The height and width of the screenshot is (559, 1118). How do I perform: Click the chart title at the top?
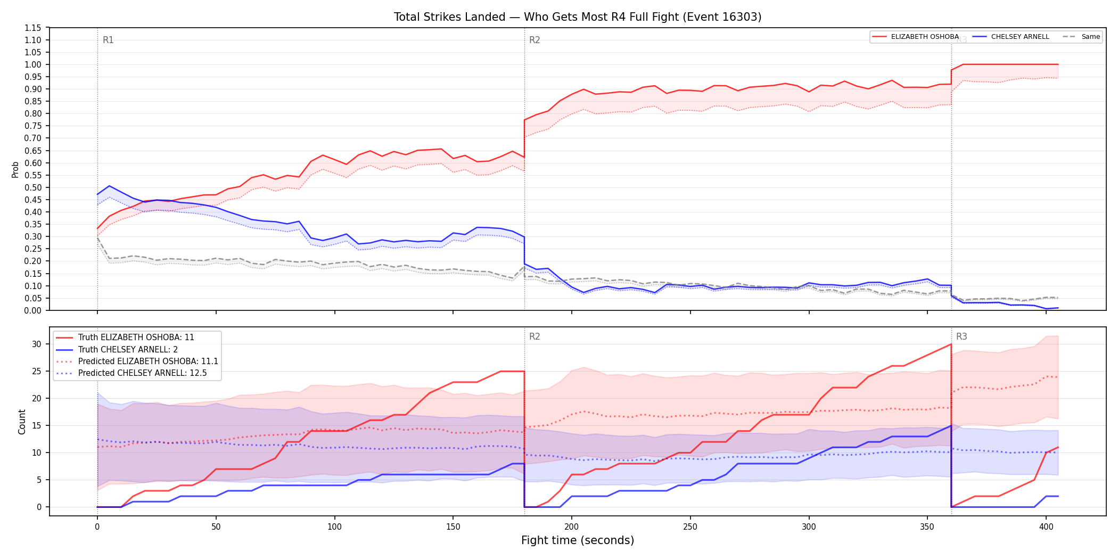click(578, 17)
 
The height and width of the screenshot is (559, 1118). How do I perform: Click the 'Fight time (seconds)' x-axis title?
click(578, 540)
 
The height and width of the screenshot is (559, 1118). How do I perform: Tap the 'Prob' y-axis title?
click(15, 169)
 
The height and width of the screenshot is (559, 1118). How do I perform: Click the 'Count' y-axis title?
click(22, 422)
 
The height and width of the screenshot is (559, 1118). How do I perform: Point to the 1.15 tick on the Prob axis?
click(32, 28)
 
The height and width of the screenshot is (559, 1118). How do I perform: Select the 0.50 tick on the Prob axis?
click(32, 187)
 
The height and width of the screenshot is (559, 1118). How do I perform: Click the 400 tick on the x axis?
click(1046, 527)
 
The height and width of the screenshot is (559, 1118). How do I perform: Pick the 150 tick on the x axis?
click(453, 527)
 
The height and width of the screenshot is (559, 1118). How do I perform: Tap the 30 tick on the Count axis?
click(36, 344)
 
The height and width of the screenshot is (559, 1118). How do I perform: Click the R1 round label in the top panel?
click(108, 40)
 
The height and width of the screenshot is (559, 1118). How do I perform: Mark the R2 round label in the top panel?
click(535, 40)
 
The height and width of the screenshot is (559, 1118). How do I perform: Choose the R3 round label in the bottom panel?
click(961, 336)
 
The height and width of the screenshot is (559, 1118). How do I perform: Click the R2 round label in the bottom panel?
click(535, 336)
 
